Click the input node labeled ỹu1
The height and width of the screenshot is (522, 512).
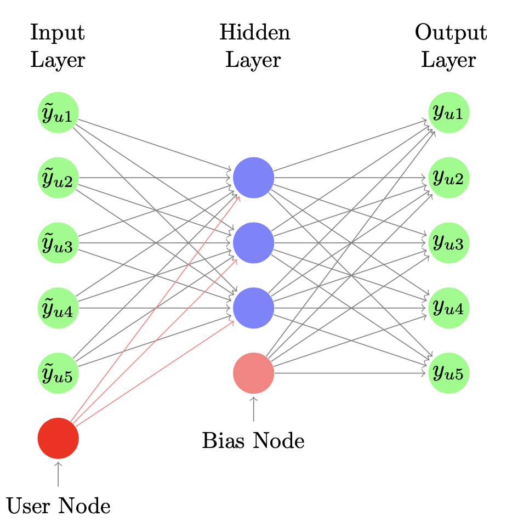coord(58,113)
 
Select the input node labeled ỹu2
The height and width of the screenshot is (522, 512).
coord(58,178)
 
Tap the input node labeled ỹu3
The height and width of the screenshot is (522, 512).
coord(58,243)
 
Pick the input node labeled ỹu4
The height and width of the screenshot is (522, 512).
coord(58,308)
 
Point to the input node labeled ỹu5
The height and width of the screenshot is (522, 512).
coord(58,373)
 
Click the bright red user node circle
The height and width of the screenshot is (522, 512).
coord(58,438)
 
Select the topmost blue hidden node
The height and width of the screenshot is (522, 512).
coord(253,178)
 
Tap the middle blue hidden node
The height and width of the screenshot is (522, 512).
coord(253,243)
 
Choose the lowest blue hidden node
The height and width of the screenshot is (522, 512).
coord(253,308)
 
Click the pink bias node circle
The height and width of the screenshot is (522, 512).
coord(253,373)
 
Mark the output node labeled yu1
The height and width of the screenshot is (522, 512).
coord(448,113)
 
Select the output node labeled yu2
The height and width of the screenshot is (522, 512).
coord(448,178)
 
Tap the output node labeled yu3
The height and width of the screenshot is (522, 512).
coord(448,243)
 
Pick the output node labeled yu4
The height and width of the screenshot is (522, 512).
coord(448,308)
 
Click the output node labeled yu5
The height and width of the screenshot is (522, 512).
coord(448,373)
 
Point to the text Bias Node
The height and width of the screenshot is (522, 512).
coord(253,441)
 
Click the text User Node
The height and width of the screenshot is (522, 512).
coord(58,506)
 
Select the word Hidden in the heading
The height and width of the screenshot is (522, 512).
coord(254,33)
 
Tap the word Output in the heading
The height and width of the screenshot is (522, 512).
coord(451,33)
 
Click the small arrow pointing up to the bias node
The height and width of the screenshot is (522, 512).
coord(253,409)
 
